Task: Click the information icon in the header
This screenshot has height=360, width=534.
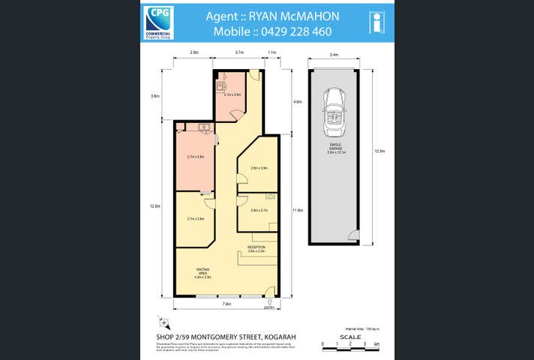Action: pos(378,22)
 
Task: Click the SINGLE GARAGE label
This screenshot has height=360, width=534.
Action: pos(334,147)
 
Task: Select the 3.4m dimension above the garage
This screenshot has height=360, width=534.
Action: pos(334,54)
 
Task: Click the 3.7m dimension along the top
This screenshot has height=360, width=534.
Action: pos(239,52)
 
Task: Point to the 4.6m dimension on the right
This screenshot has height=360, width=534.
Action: pos(297,101)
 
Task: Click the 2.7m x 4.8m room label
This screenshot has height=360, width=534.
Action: pos(196,157)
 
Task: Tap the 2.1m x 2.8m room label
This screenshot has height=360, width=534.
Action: pos(232,94)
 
